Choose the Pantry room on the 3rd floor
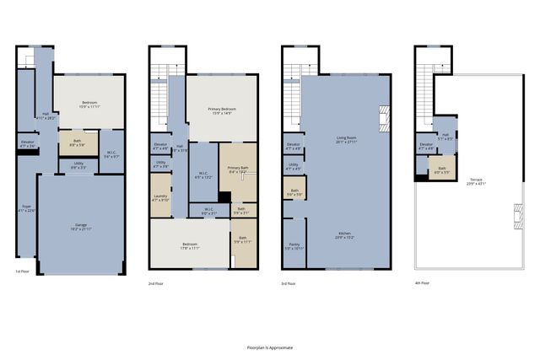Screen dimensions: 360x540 click(293, 248)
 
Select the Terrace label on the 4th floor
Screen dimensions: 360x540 click(477, 181)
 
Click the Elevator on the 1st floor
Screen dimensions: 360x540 click(26, 144)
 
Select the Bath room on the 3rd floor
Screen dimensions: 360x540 click(294, 191)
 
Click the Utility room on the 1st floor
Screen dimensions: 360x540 click(78, 165)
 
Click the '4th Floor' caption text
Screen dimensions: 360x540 click(422, 283)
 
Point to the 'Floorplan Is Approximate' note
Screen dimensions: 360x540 click(270, 347)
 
